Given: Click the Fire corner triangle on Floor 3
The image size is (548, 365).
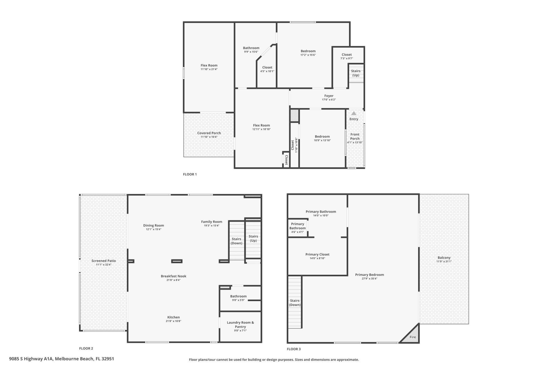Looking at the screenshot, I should coord(412,335).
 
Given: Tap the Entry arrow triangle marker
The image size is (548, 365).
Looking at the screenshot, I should coord(354,113).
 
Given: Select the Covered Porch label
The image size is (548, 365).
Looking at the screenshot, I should coord(209,133).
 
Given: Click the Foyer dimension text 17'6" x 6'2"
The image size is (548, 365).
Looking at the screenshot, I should coord(329,100).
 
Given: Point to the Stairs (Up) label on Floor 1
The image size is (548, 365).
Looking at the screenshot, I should coord(356,73).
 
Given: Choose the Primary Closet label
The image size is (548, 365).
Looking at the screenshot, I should coord(317,254).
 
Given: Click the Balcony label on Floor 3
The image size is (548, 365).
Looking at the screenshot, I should coord(444,257).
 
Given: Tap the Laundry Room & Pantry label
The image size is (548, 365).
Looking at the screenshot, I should coord(240,325).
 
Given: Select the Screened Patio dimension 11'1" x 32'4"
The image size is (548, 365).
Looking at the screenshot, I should coord(104,265).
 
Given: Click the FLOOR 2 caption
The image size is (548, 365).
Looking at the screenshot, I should coord(86,348).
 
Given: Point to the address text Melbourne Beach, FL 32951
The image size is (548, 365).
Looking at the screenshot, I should coord(84,359).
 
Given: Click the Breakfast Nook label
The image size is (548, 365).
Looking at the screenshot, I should coord(174,276).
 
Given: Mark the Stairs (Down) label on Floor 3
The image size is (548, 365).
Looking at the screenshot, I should coord(295,303).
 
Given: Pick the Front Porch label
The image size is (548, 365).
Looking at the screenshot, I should coord(355,136).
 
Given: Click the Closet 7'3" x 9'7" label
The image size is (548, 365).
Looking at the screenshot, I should coord(346,54).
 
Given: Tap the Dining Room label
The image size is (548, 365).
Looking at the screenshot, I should coord(154,225).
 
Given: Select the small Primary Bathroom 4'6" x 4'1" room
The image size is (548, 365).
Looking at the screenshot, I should coord(297,228).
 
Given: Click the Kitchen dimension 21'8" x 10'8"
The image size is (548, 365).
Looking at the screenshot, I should coord(174,321).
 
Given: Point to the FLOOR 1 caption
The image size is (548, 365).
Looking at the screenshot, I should coord(190,174).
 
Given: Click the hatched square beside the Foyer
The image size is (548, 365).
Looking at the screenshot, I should coord(294,115).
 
